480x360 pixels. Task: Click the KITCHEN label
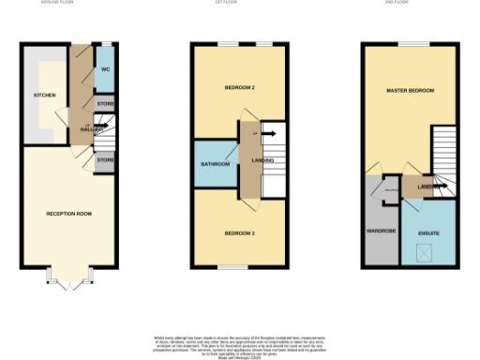tap(44, 96)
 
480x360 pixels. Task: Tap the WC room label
tap(106, 69)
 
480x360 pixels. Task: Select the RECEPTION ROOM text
tap(69, 214)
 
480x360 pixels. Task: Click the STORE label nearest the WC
tap(106, 103)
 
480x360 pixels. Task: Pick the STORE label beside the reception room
tap(106, 161)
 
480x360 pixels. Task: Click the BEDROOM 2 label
tap(240, 88)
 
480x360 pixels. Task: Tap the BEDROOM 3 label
tap(240, 232)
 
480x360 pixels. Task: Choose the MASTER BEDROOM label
tap(411, 90)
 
